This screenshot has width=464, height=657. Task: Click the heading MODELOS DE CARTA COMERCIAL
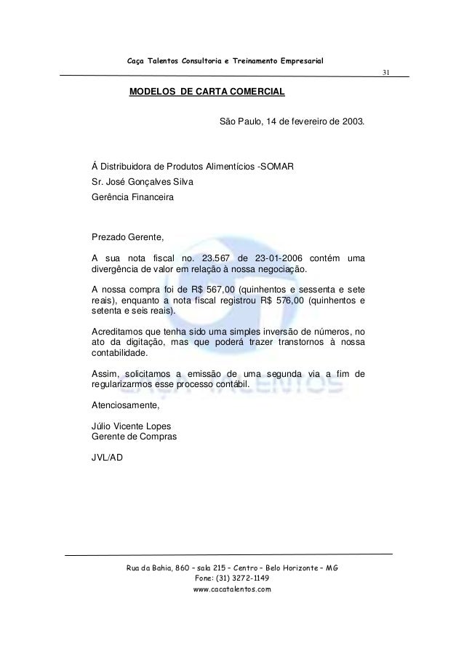pos(207,93)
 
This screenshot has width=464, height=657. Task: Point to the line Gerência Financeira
pos(132,196)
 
